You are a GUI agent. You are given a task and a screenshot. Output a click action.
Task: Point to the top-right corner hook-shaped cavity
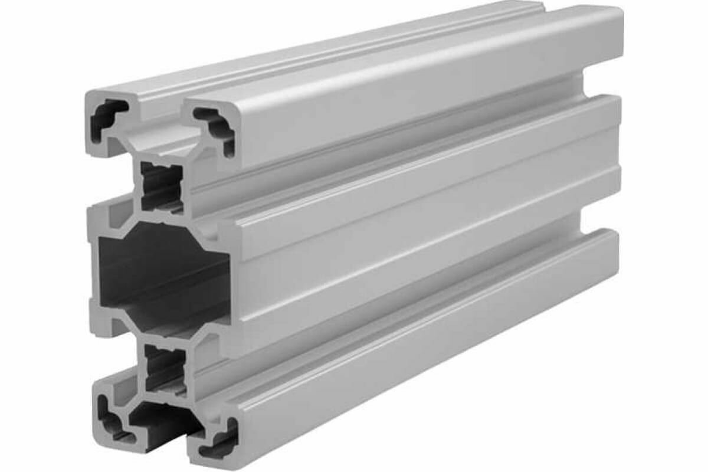[x=215, y=127]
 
